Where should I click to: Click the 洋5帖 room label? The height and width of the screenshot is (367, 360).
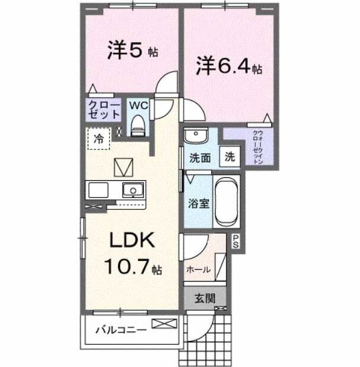(x=132, y=51)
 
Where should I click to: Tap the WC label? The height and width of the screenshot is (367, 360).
(x=139, y=105)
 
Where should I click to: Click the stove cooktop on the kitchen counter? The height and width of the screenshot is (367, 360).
(x=97, y=190)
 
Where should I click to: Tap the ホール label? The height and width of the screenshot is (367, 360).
(x=198, y=269)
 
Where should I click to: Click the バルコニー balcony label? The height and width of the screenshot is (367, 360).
(x=120, y=330)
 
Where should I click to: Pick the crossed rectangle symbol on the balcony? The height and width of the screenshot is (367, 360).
(x=164, y=324)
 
